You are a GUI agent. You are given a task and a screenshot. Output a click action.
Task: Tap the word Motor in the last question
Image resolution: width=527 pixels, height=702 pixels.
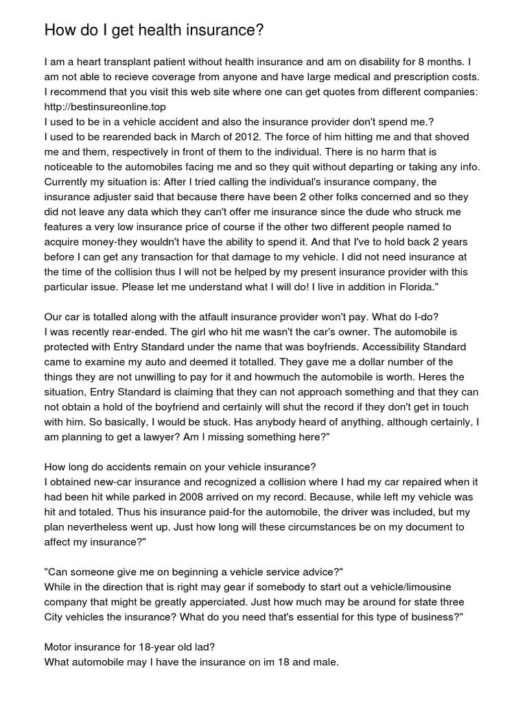click(x=59, y=647)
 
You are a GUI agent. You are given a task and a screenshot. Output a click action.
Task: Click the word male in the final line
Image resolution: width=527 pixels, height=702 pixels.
click(x=325, y=662)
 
